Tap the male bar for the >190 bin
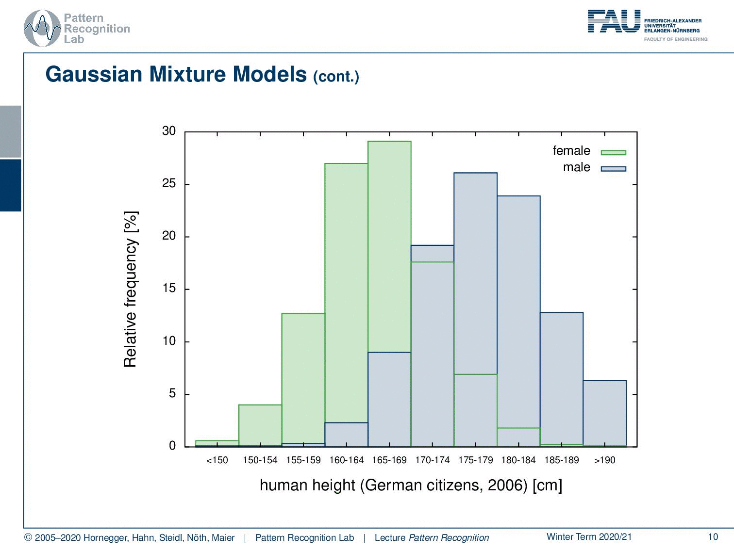click(604, 413)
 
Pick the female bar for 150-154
click(260, 425)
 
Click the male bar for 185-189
click(562, 379)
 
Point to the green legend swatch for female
click(613, 153)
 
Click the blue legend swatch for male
click(613, 169)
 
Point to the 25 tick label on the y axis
click(169, 183)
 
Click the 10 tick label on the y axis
click(169, 341)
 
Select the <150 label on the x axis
click(217, 460)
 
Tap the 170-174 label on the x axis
click(433, 460)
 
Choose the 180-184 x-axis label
click(518, 460)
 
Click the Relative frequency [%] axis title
click(131, 289)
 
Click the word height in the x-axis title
click(334, 485)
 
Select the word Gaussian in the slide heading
click(94, 74)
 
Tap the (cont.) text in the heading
click(336, 77)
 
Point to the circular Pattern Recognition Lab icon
click(42, 29)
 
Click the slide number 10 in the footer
click(713, 537)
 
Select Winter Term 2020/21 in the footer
click(589, 536)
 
